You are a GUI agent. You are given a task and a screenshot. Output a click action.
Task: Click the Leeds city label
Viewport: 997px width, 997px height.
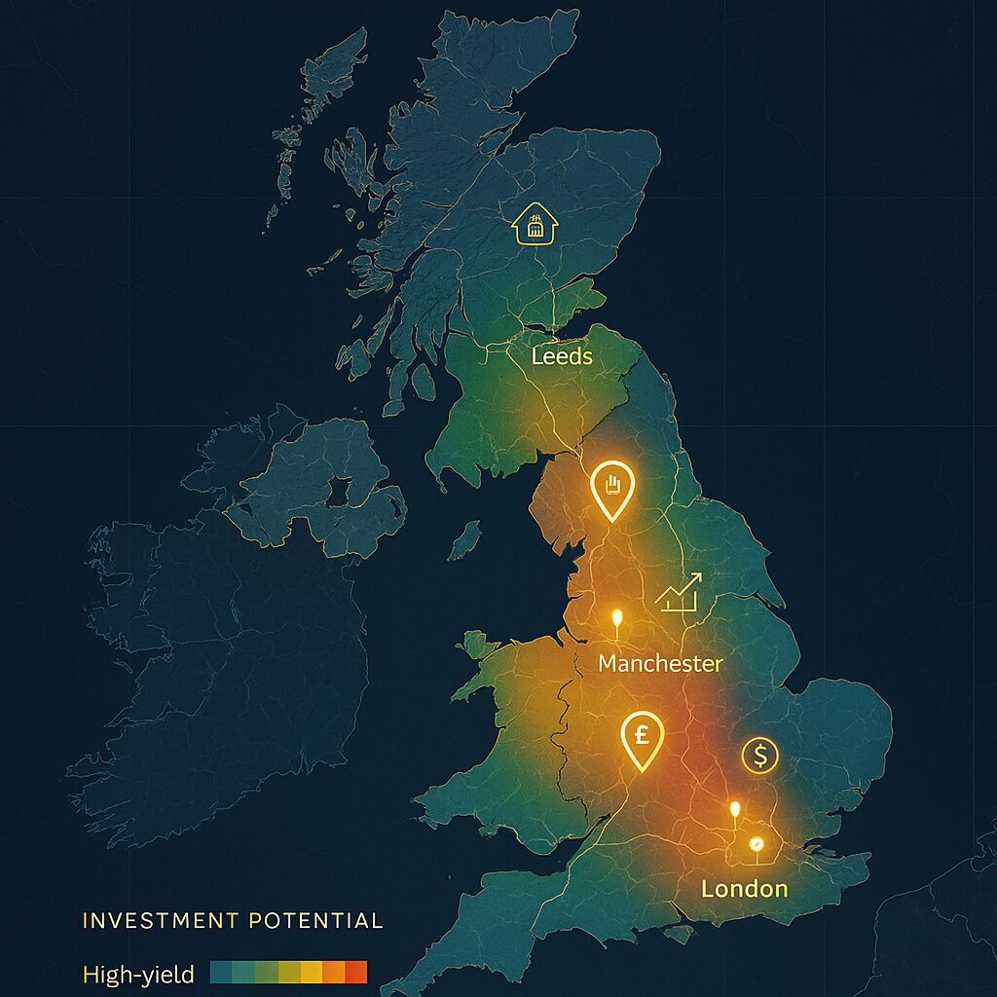pos(562,356)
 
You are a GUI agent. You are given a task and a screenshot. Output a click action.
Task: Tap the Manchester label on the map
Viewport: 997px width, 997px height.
pos(660,664)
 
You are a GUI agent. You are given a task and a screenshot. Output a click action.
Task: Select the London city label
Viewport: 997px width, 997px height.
pos(744,888)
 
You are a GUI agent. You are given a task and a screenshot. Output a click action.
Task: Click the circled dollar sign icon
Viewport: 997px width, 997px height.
pos(759,755)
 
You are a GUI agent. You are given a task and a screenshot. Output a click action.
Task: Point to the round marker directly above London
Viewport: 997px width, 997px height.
pos(755,844)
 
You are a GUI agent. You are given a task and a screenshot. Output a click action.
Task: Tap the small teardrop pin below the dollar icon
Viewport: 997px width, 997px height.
pos(734,811)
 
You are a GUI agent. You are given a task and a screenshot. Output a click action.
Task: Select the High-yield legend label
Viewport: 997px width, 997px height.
pos(138,973)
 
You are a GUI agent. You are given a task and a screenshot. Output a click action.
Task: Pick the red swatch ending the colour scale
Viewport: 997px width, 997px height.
pos(355,972)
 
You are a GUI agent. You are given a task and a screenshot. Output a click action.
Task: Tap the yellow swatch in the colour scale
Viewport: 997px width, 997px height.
pos(311,972)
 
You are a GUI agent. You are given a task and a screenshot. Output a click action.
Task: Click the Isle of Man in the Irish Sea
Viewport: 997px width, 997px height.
pos(467,539)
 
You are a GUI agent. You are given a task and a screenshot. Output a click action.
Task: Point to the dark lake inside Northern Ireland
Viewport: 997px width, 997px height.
pos(338,490)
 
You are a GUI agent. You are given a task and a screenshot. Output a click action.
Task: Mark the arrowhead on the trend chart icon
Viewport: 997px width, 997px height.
pos(696,577)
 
